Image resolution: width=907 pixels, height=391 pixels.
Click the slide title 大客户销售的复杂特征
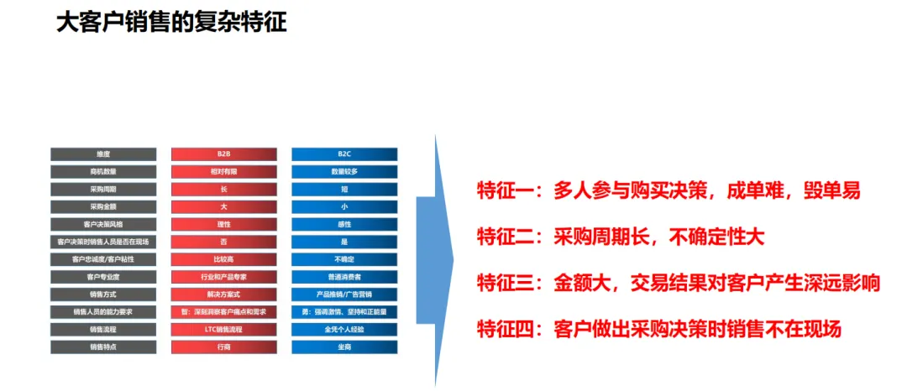point(172,22)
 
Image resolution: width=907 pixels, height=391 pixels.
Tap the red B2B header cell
point(223,154)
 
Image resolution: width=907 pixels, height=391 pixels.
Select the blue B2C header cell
point(344,154)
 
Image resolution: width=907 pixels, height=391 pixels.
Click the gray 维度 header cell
point(103,154)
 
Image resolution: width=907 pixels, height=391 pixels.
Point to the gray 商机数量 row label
point(103,172)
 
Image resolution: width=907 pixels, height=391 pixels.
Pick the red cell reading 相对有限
point(223,172)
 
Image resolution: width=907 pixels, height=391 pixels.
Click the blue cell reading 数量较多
point(344,172)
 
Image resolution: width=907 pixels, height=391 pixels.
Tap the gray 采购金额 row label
point(103,206)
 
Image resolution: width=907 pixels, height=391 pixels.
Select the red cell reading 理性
point(223,224)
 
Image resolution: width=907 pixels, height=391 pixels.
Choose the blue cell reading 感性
point(344,224)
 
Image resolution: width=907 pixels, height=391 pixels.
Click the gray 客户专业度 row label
point(103,277)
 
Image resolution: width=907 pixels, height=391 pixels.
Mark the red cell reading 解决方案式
point(223,295)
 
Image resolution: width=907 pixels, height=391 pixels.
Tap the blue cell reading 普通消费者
point(344,277)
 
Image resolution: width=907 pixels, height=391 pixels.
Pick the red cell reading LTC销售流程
point(223,330)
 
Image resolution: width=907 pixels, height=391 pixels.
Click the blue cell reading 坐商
point(344,347)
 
